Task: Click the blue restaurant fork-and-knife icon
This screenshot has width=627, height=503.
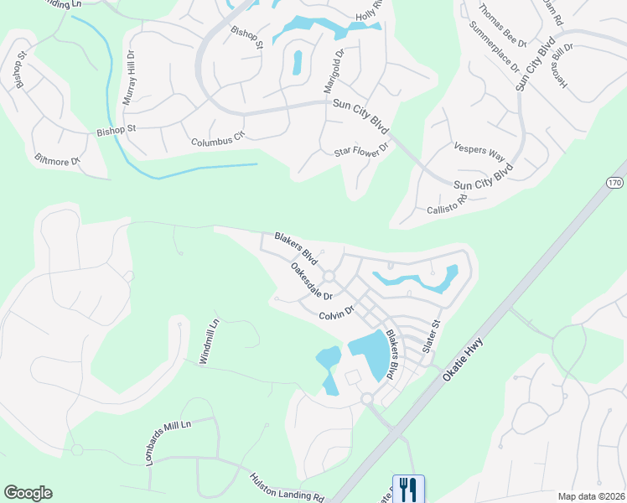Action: pyautogui.click(x=408, y=488)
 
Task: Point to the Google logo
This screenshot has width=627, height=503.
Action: pyautogui.click(x=28, y=493)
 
